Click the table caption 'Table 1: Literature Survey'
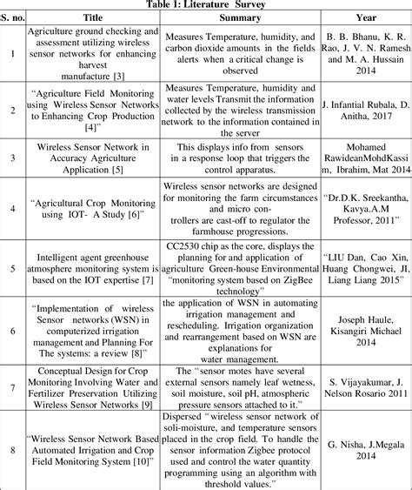tap(205, 4)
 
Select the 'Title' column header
tap(91, 17)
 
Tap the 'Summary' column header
tap(238, 17)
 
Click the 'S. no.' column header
tap(11, 17)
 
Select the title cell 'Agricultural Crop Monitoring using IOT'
tap(91, 209)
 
